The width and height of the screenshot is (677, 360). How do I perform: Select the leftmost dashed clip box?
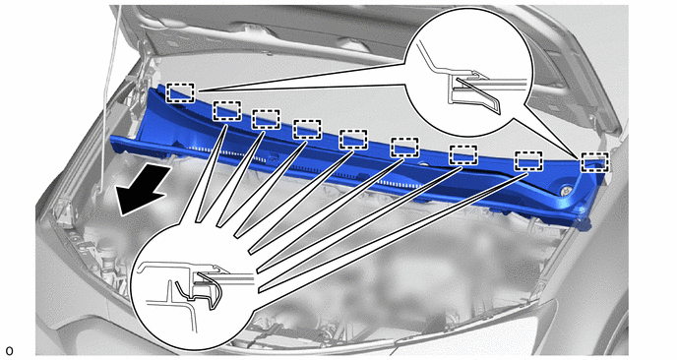[x=180, y=92]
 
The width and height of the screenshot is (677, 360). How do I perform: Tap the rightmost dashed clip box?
[x=594, y=162]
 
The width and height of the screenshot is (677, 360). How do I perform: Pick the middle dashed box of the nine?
[x=353, y=140]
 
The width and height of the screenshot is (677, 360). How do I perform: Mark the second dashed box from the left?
[x=226, y=111]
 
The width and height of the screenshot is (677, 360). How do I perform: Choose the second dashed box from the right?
[x=528, y=161]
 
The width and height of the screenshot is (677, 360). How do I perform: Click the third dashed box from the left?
[x=266, y=120]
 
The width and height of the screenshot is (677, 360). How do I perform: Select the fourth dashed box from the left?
[x=307, y=130]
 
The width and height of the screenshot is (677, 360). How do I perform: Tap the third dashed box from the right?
[x=463, y=155]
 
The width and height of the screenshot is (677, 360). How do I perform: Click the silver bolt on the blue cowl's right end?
[x=566, y=191]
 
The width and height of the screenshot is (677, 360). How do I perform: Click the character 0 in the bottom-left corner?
[x=9, y=351]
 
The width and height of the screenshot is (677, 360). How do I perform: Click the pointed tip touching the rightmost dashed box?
[x=580, y=158]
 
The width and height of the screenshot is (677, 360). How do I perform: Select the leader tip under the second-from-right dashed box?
[x=528, y=173]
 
